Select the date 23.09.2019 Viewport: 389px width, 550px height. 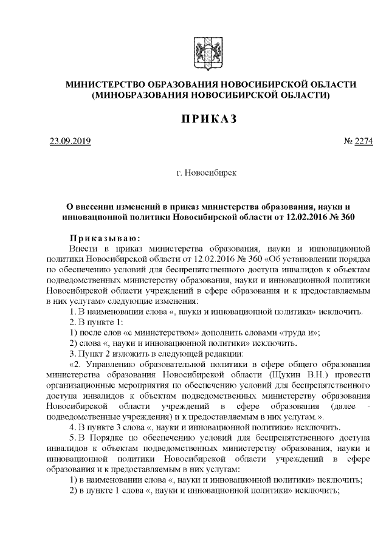click(x=70, y=142)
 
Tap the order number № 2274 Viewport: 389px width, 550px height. click(x=359, y=142)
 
